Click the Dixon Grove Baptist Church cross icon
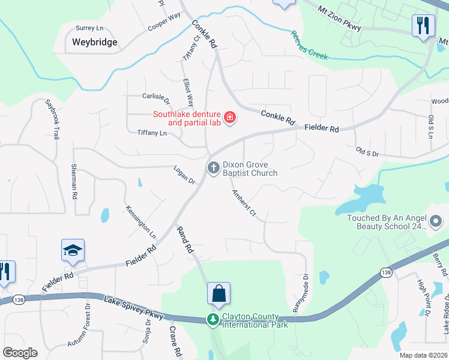213,169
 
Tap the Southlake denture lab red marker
229,118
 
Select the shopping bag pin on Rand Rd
219,293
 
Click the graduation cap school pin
73,250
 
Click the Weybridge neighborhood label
94,43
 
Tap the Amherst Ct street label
244,204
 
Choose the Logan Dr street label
185,175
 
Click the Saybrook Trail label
53,119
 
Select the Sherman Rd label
74,181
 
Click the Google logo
19,353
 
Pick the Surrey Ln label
89,28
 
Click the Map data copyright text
423,355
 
